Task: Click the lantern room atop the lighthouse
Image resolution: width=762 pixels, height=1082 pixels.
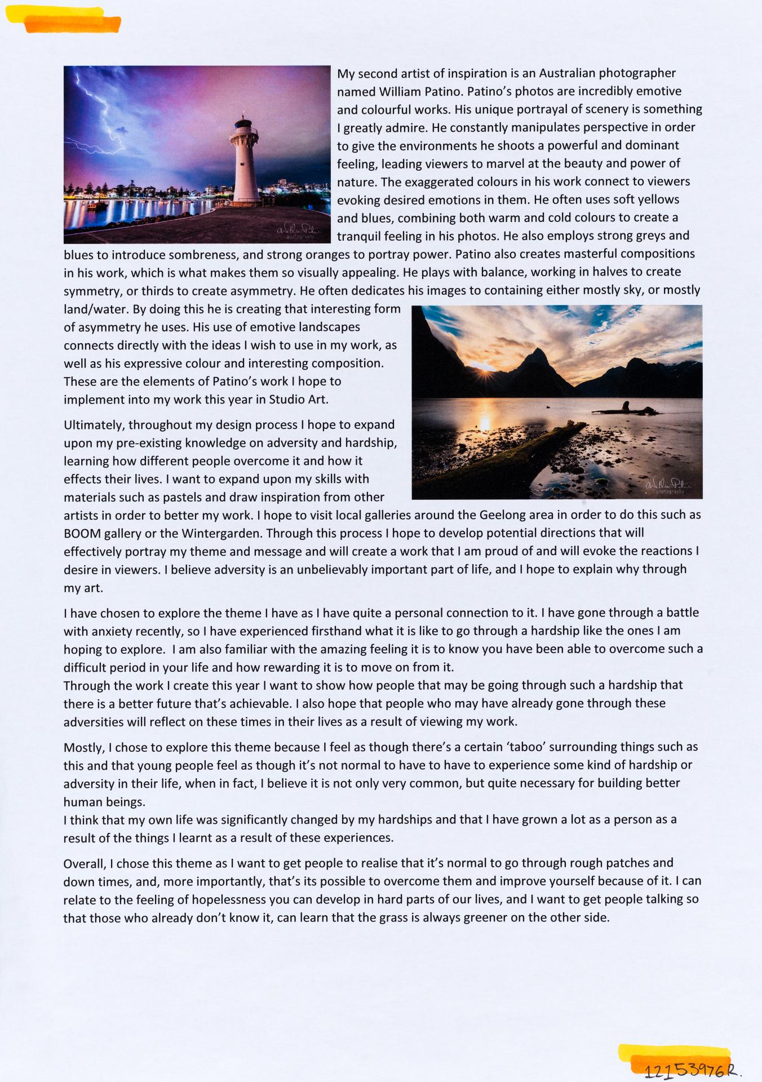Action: [243, 123]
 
